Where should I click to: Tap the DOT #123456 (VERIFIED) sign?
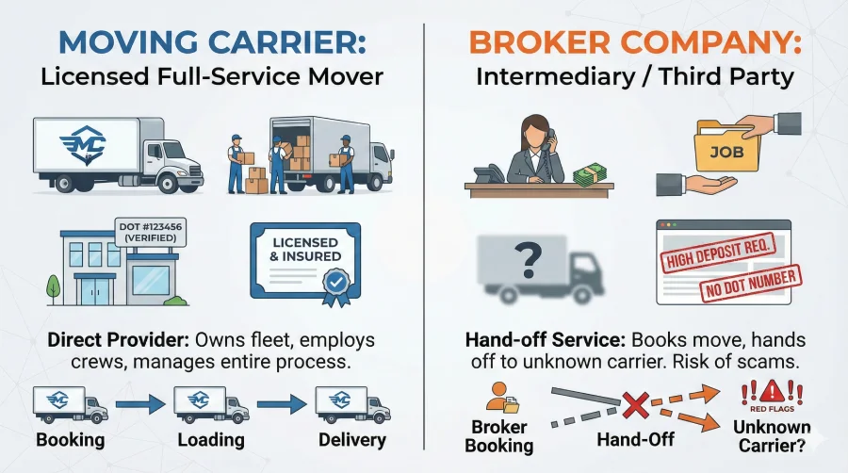click(x=154, y=232)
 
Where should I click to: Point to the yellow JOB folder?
click(x=723, y=151)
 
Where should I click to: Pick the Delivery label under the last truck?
click(x=351, y=440)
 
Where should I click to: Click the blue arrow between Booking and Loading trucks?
click(x=139, y=404)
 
